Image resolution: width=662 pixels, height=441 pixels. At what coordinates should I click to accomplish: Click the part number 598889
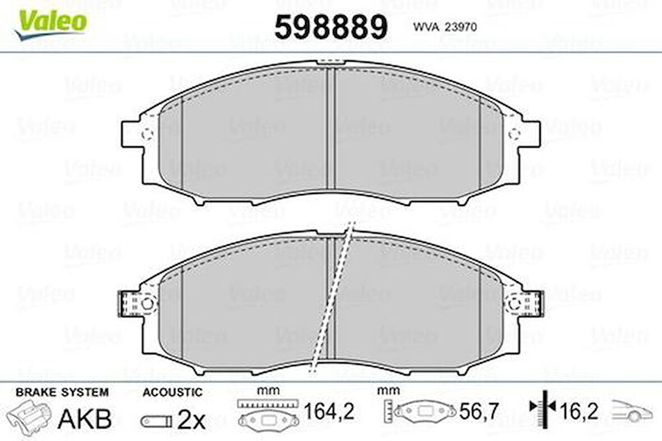click(331, 26)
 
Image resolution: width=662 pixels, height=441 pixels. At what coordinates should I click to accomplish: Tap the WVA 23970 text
click(445, 26)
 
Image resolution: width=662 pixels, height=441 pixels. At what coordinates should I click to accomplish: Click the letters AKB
click(85, 419)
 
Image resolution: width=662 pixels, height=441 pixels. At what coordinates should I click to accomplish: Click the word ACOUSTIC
click(172, 392)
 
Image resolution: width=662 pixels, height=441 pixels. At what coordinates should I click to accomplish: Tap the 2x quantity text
click(192, 419)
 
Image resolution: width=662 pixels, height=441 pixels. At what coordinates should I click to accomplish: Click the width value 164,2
click(328, 414)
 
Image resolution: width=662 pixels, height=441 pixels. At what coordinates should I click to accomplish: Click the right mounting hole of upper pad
click(514, 134)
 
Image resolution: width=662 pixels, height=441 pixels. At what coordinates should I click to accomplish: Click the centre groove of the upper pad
click(331, 129)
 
